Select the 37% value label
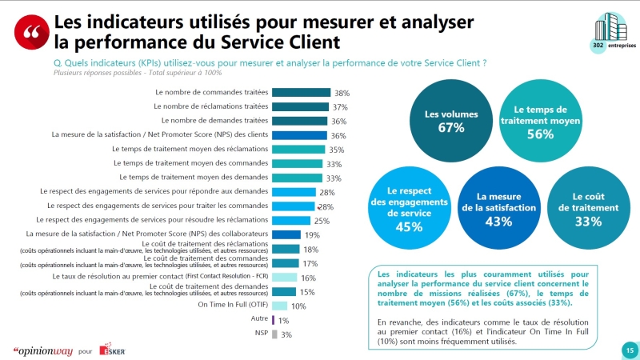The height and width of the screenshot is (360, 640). (341, 107)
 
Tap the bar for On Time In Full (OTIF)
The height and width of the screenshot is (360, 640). (280, 306)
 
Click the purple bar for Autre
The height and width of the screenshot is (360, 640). (274, 319)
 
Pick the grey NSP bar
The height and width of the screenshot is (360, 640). (275, 334)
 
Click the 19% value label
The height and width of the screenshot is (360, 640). (312, 235)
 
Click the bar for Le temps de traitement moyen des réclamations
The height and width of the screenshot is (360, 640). (299, 149)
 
